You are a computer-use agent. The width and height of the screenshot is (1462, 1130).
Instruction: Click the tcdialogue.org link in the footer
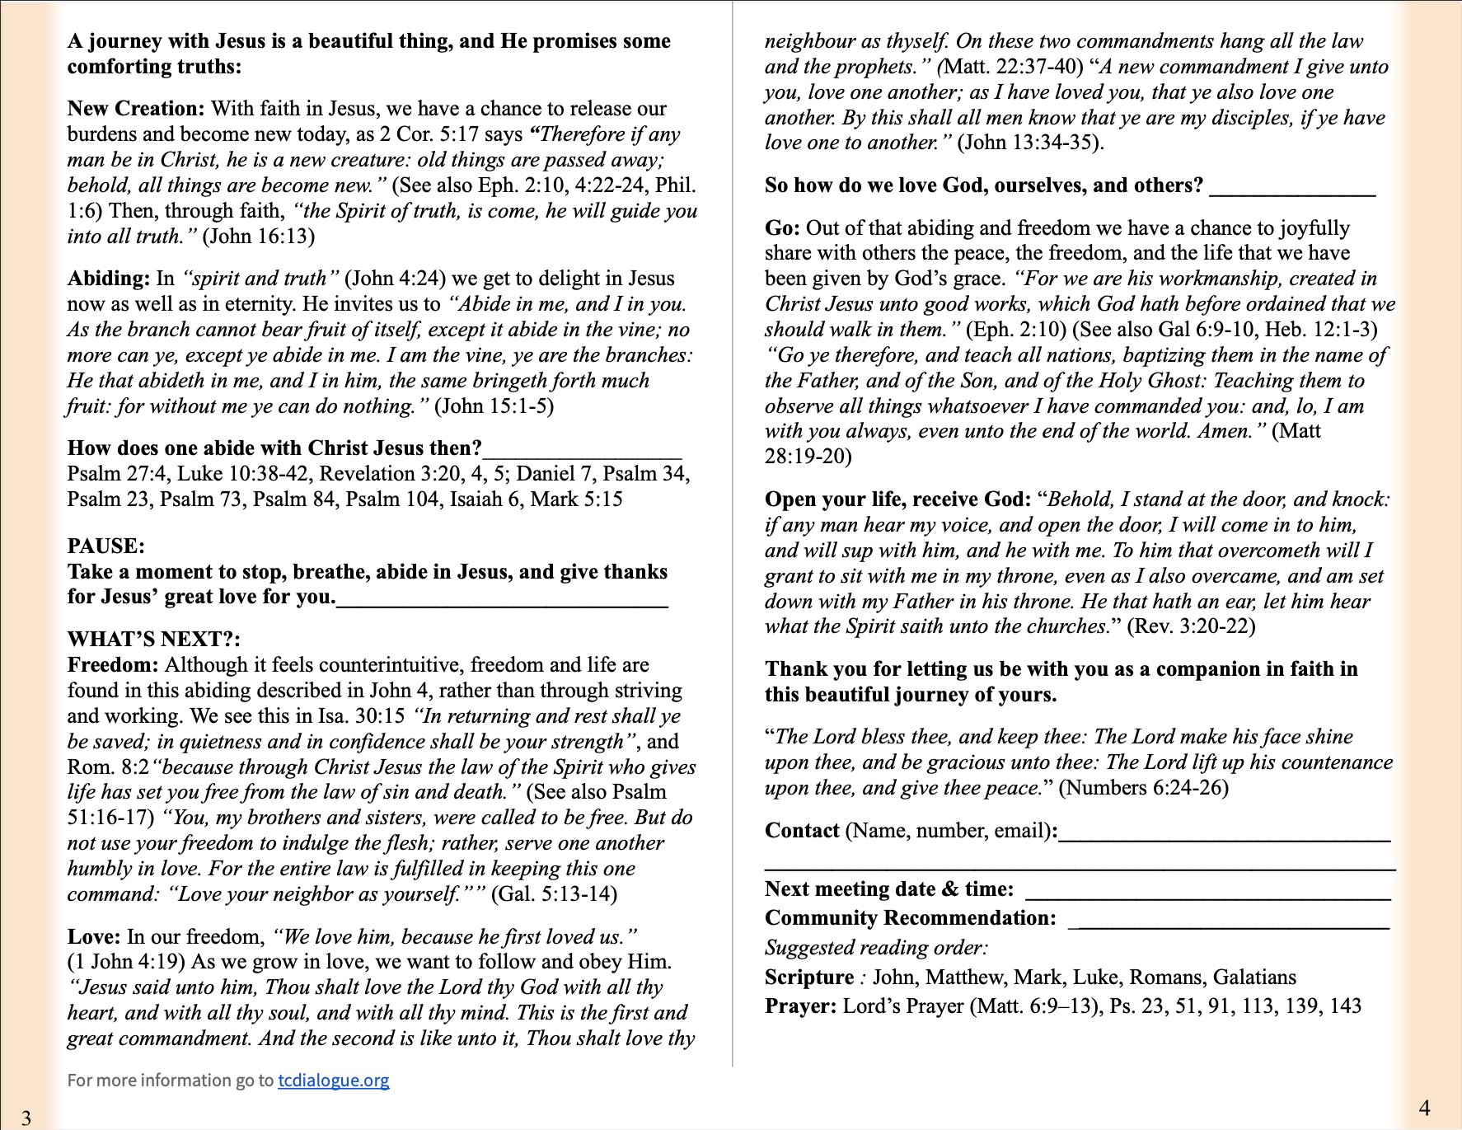[x=333, y=1080]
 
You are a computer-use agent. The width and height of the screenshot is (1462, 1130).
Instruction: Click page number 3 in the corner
[x=26, y=1118]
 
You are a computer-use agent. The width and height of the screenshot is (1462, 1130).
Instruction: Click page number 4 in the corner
[x=1424, y=1107]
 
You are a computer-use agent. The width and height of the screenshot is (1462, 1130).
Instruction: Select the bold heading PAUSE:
[x=105, y=546]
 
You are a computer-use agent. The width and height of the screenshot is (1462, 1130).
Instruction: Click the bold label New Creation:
[x=136, y=109]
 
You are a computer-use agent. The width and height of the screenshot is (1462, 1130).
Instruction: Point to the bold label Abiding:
[x=108, y=279]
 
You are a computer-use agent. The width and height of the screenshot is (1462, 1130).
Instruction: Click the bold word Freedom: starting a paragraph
[x=112, y=664]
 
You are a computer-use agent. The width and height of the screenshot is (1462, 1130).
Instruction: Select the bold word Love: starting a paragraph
[x=94, y=936]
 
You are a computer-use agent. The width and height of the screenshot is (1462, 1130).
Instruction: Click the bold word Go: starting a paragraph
[x=781, y=227]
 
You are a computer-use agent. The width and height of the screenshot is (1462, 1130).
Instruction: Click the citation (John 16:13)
[x=258, y=237]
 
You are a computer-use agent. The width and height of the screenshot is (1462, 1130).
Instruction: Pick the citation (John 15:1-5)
[x=494, y=406]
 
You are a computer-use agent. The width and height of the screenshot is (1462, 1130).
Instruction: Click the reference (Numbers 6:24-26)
[x=1143, y=788]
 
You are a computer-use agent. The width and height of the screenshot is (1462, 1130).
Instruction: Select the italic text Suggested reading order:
[x=876, y=948]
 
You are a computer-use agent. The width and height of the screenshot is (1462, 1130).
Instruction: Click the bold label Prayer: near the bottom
[x=800, y=1006]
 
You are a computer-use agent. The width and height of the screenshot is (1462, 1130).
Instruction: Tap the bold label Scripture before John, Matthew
[x=808, y=978]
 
